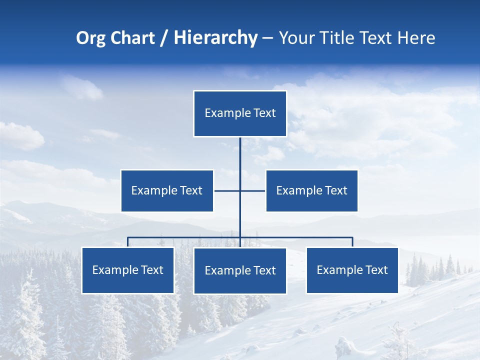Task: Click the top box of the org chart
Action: pos(240,113)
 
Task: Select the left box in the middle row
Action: pos(167,190)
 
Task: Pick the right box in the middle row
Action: pos(312,190)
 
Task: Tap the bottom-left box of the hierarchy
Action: pos(128,270)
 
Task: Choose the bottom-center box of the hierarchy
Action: pos(240,270)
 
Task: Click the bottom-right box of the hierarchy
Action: pos(352,270)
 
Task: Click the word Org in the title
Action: pos(90,38)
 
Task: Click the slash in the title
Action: pos(163,38)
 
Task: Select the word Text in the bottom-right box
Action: pos(376,270)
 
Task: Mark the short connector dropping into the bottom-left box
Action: pos(128,242)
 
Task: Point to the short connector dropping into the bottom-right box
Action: pos(352,242)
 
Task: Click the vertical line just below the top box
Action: pos(240,150)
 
